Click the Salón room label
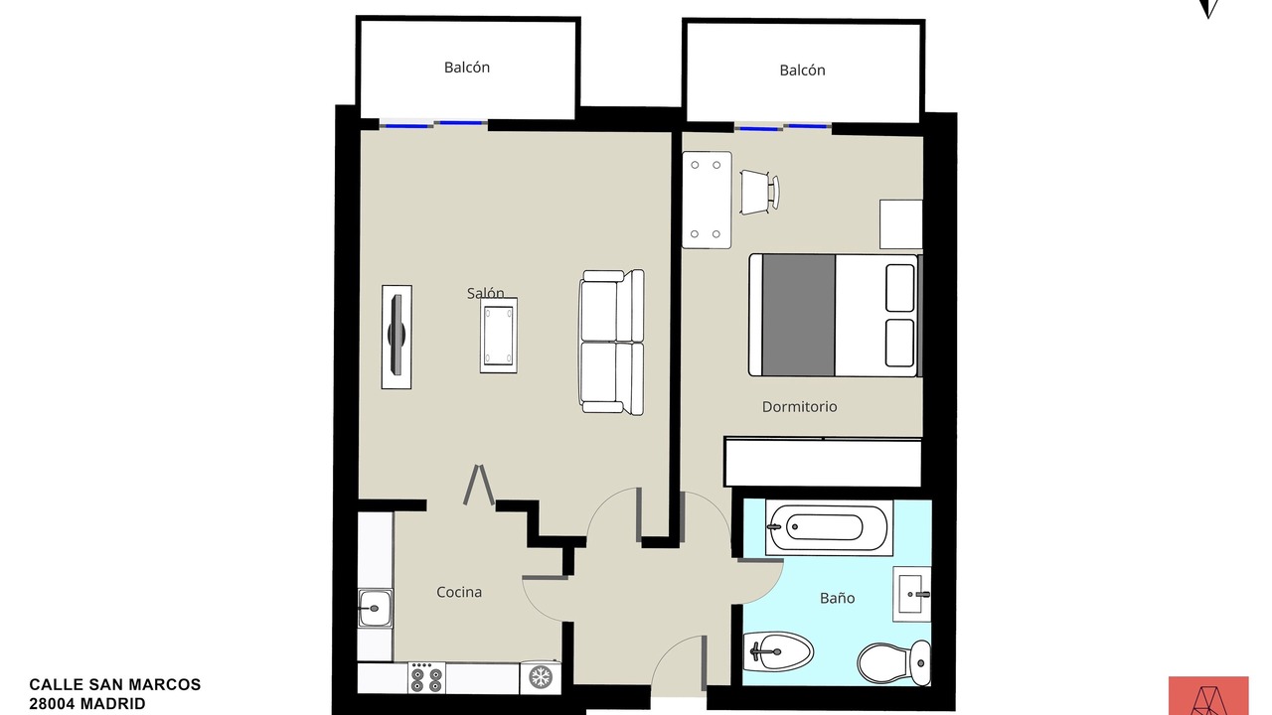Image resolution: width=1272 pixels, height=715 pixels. point(486,293)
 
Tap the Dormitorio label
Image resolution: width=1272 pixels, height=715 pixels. point(800,407)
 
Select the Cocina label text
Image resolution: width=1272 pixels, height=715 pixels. point(459,593)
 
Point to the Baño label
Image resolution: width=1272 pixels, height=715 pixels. point(837,598)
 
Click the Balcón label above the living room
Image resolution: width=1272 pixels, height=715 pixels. point(467,68)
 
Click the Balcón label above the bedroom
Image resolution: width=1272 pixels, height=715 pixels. point(802,71)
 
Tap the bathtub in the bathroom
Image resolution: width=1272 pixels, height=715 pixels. point(829,527)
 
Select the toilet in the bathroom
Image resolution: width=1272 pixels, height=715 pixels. point(893,662)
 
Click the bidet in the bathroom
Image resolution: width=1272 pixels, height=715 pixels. point(778,651)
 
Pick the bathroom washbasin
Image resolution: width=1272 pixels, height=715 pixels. point(912,594)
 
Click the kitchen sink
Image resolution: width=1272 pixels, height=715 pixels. point(375,609)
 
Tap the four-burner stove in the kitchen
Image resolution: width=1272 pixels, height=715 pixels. point(426,677)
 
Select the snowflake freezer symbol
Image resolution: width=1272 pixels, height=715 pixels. point(541,677)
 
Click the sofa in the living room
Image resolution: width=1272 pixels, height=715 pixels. point(611,343)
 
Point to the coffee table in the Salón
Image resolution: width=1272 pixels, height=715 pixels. point(499,336)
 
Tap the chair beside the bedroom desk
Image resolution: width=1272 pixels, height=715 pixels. point(760,192)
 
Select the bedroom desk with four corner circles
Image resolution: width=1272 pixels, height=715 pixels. point(707,200)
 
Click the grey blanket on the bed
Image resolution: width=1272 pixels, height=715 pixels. point(798,315)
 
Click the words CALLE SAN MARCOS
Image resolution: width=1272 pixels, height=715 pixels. point(114,685)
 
